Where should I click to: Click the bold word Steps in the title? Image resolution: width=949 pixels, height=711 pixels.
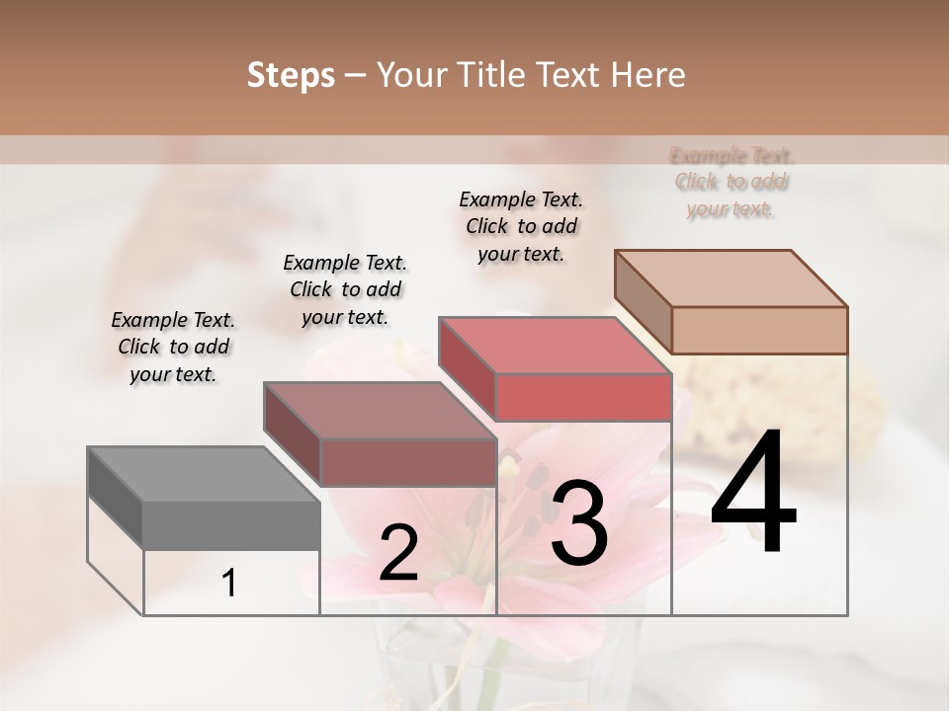pyautogui.click(x=291, y=75)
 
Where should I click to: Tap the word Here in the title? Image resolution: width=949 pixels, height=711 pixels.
pyautogui.click(x=648, y=75)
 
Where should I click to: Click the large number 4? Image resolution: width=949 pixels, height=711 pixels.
pyautogui.click(x=753, y=494)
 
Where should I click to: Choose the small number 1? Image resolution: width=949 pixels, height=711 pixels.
pyautogui.click(x=228, y=583)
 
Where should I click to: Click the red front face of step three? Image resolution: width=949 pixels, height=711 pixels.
pyautogui.click(x=583, y=397)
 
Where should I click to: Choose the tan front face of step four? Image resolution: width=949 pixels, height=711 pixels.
pyautogui.click(x=759, y=330)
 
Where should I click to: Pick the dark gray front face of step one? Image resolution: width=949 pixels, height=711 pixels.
pyautogui.click(x=231, y=525)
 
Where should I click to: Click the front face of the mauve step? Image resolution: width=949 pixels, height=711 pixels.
pyautogui.click(x=407, y=462)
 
